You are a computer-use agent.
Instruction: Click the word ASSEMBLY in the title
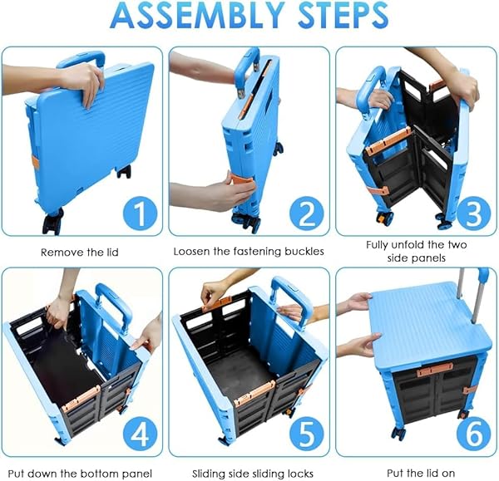point(197,15)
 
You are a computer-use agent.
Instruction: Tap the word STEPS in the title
point(343,15)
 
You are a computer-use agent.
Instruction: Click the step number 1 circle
point(140,214)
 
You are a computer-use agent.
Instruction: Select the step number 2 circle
point(306,214)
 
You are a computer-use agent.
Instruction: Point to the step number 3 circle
point(474,214)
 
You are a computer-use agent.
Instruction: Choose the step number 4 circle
point(140,434)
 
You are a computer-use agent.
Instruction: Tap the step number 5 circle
point(306,434)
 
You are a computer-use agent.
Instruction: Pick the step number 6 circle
point(474,434)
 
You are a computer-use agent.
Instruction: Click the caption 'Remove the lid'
point(80,253)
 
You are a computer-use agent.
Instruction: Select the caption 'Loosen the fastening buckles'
point(249,252)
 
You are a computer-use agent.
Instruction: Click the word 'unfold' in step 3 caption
point(407,245)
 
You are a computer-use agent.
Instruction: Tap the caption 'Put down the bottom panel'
point(80,474)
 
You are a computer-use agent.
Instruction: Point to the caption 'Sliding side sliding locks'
point(253,474)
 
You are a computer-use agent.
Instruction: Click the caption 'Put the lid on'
point(421,473)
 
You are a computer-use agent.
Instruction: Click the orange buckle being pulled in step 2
point(241,181)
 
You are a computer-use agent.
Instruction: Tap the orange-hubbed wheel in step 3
point(384,218)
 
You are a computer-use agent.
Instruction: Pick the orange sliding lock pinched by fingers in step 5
point(218,304)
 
